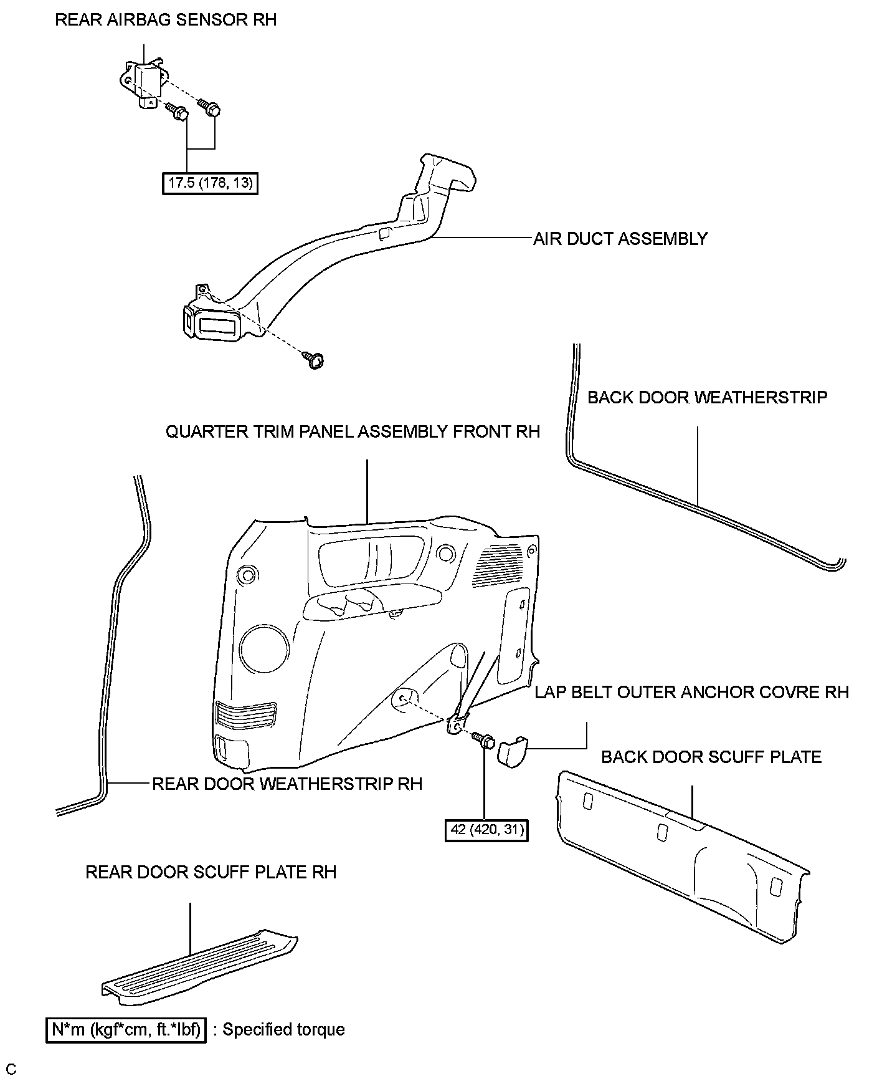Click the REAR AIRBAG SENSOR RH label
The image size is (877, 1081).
166,20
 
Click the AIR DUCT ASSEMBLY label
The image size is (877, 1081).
620,239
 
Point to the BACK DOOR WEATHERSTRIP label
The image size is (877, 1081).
707,397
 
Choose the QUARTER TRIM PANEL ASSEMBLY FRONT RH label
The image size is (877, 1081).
353,431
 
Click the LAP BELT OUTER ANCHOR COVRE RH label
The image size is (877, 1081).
691,692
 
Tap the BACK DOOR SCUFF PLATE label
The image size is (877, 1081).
711,757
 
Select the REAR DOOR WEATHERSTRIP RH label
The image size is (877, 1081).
287,784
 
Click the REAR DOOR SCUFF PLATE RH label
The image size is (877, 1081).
211,872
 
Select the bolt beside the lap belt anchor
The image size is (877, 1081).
483,741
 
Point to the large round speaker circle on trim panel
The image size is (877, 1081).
264,650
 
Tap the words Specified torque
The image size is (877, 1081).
283,1030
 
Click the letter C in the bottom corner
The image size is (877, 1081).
12,1070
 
